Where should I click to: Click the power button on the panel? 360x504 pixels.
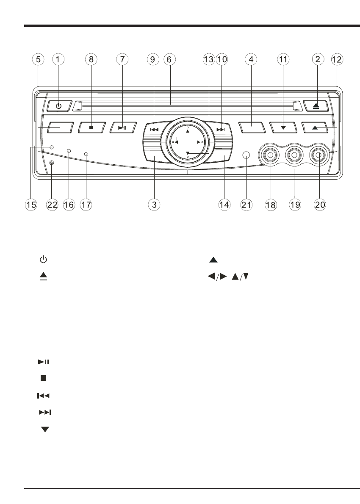coord(58,106)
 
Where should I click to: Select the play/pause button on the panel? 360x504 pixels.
coord(122,127)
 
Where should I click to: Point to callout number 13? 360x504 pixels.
coord(208,60)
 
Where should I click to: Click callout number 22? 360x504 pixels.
coord(52,205)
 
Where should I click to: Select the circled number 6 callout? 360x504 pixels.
coord(169,60)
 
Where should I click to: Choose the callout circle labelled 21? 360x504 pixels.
coord(246,205)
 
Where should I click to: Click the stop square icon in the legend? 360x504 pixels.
coord(44,378)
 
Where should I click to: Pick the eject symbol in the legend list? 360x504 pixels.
coord(44,276)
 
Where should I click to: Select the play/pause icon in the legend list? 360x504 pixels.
coord(44,362)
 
